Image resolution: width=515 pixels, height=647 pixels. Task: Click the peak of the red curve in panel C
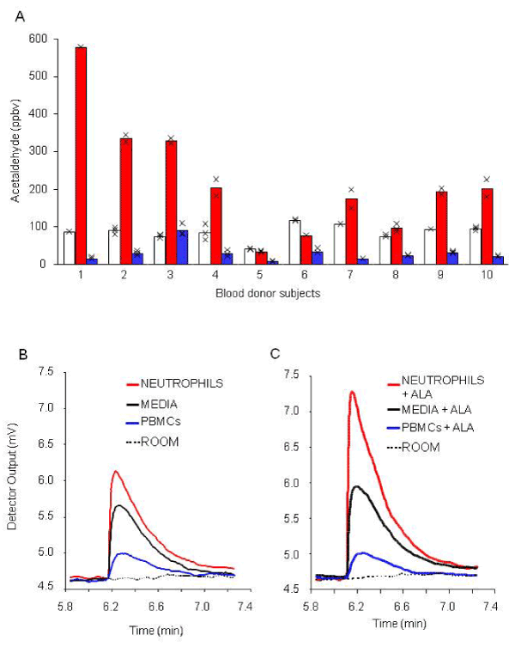coord(352,393)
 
